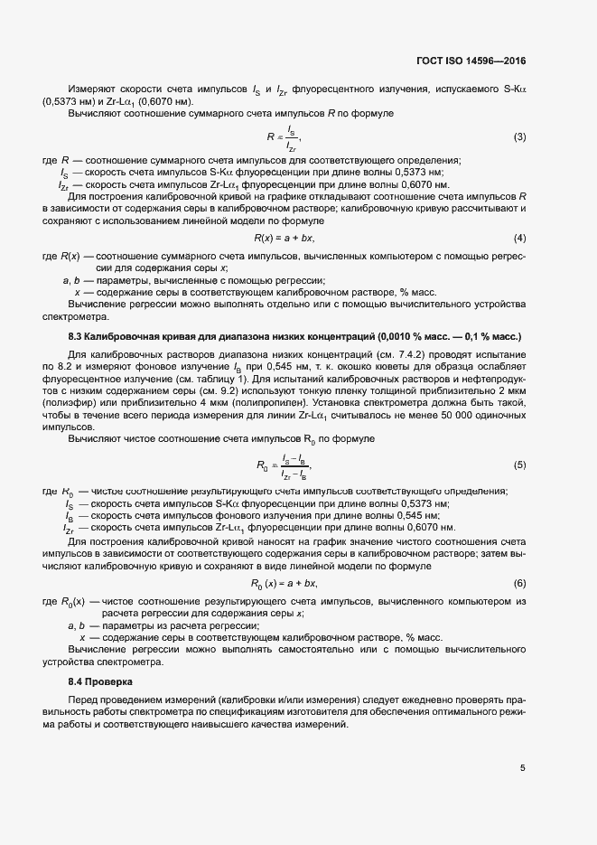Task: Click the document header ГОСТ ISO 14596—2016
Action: (471, 61)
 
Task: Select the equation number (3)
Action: (519, 136)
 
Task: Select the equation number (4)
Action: (519, 238)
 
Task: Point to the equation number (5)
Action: (519, 465)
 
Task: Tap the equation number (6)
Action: (519, 584)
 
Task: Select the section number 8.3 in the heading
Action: (76, 335)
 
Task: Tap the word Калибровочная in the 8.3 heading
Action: (125, 335)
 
